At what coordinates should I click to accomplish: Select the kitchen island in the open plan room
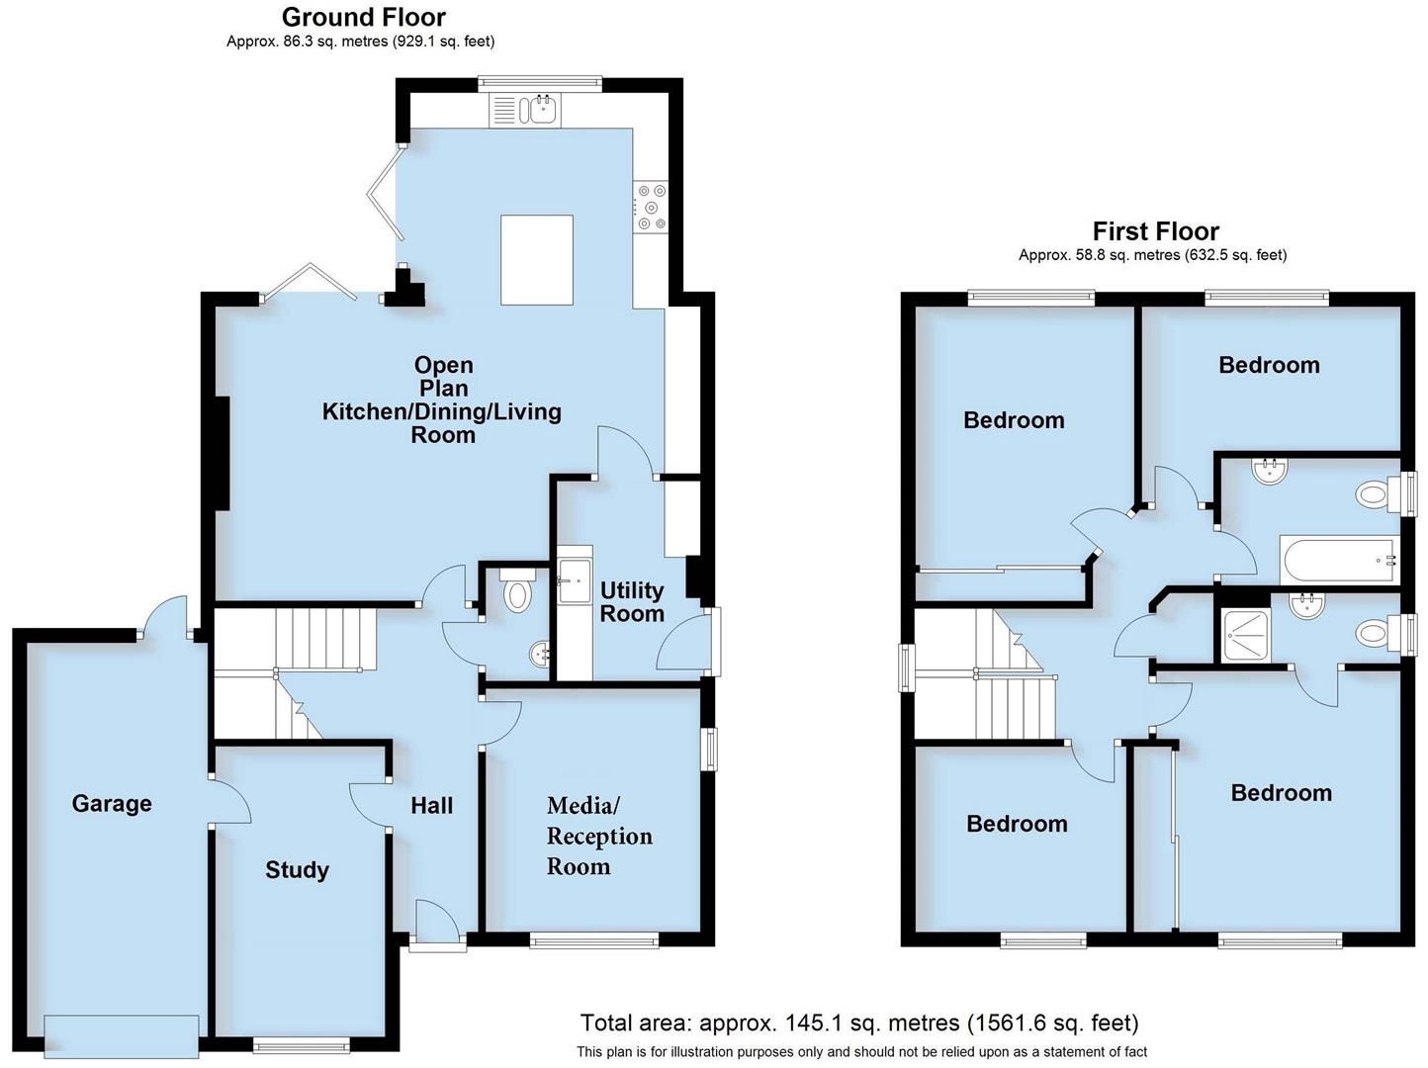537,260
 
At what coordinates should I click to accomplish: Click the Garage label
112,803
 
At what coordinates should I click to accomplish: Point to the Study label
297,870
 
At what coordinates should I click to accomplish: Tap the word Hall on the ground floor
432,805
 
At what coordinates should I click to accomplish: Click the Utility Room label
632,601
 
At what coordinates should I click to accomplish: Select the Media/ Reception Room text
599,836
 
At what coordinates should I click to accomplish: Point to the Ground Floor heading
363,17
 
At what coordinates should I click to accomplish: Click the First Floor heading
1155,231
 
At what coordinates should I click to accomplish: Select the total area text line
858,1023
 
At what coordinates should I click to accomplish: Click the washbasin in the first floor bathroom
1269,471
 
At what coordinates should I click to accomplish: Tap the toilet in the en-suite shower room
1373,633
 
